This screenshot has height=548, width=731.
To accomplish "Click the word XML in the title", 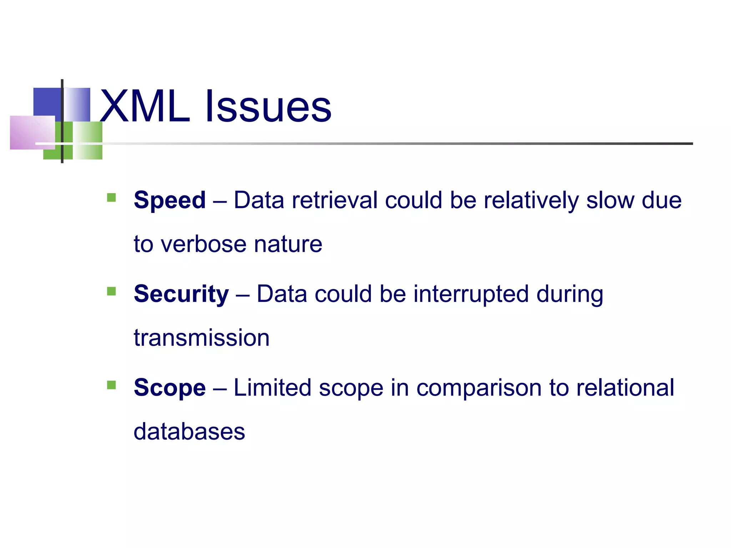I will click(145, 106).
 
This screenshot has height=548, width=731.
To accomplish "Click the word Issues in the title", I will click(268, 106).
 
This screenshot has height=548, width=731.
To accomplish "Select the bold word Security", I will click(181, 294).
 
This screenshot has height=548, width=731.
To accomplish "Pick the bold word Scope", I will click(170, 387).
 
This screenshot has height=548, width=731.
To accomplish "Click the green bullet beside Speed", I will click(111, 197).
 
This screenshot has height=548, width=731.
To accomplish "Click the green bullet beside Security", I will click(111, 291).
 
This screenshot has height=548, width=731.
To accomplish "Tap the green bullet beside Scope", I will click(111, 385).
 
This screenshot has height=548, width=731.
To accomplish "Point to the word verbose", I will click(203, 244).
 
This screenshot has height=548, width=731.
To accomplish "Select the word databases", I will click(189, 432).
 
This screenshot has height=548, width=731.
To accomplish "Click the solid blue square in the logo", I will click(47, 101).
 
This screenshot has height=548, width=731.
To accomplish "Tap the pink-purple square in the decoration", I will click(32, 132).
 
